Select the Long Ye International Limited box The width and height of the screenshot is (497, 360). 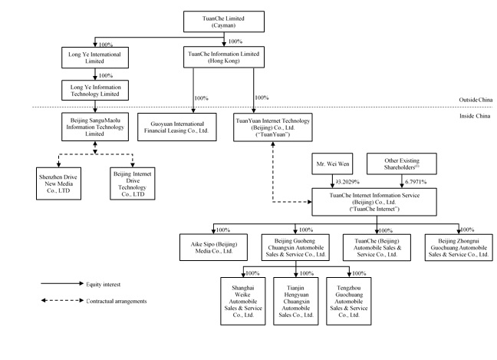click(x=95, y=57)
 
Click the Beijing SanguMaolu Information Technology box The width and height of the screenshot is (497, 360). click(x=95, y=126)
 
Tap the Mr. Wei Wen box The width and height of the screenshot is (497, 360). click(x=333, y=164)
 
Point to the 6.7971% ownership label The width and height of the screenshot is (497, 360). click(x=412, y=183)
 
